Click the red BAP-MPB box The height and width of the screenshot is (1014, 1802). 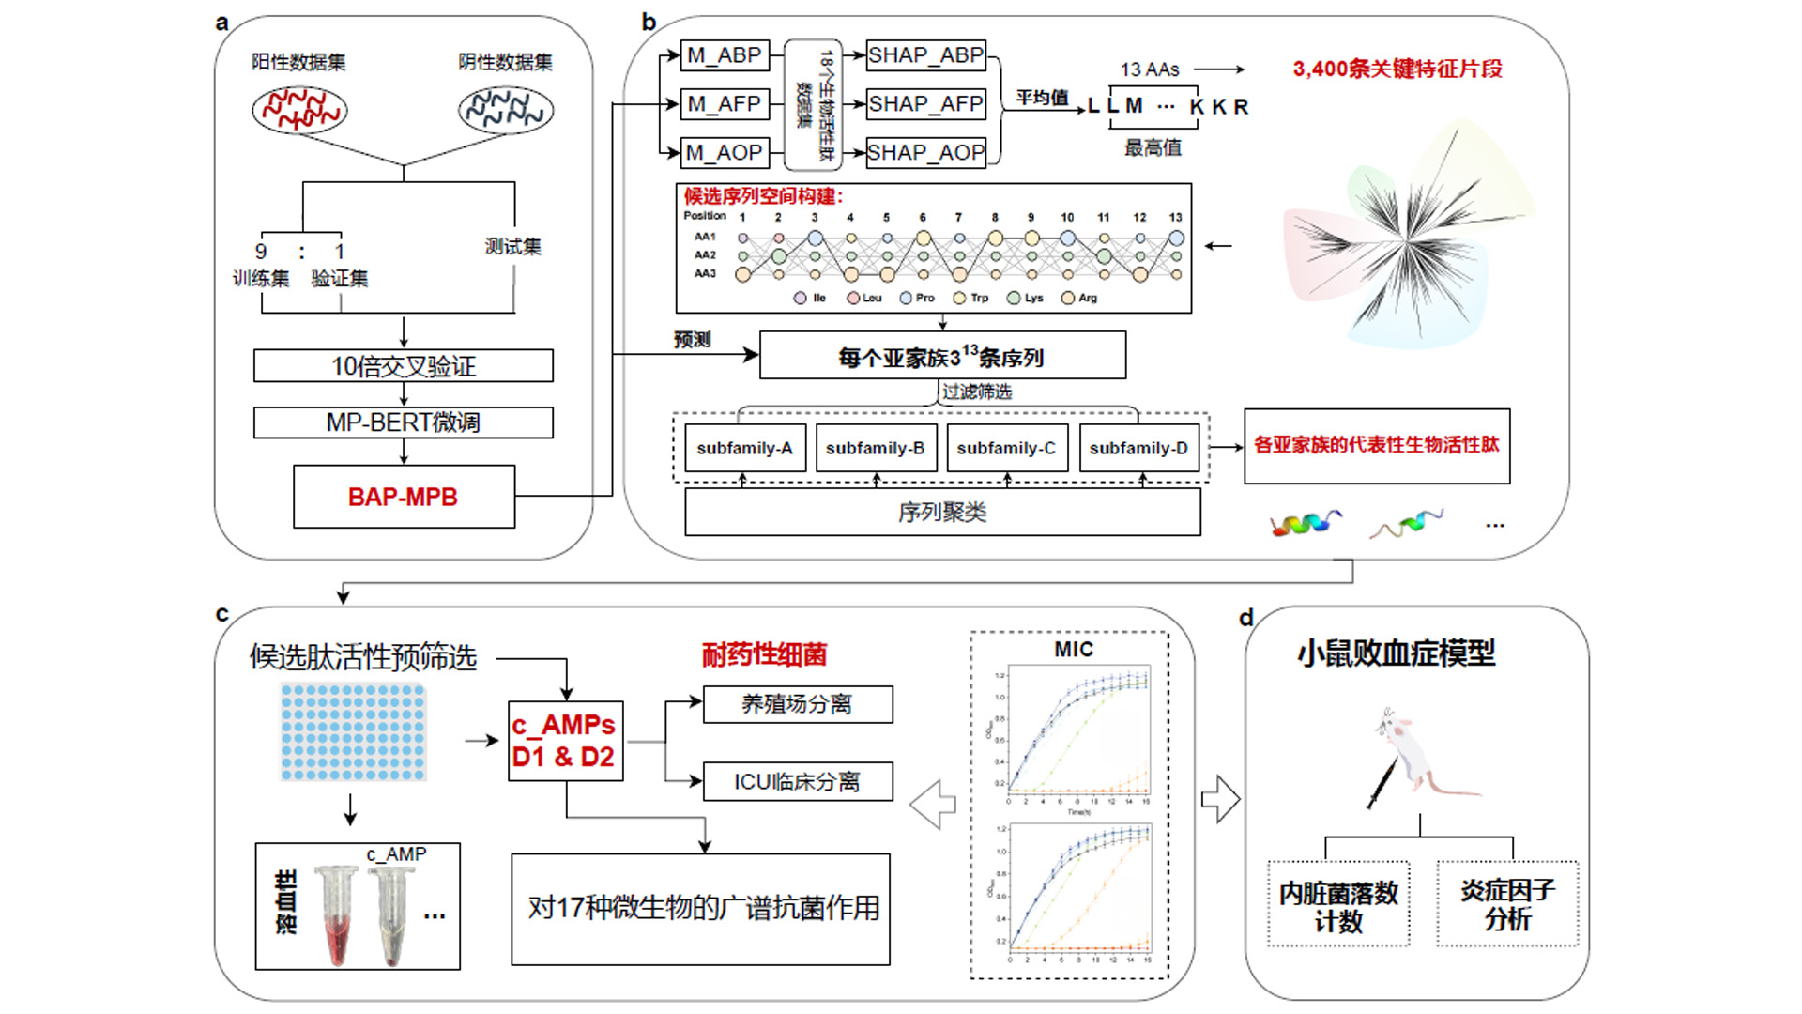pyautogui.click(x=404, y=497)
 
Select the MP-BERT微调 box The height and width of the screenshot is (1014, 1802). pyautogui.click(x=404, y=422)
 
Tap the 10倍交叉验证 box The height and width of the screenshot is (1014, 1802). pyautogui.click(x=404, y=366)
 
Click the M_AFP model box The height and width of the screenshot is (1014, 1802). pyautogui.click(x=724, y=104)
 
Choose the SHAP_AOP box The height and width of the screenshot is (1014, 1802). pyautogui.click(x=925, y=152)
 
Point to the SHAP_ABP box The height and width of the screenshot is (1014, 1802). pyautogui.click(x=925, y=55)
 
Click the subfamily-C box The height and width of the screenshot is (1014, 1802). pyautogui.click(x=1006, y=449)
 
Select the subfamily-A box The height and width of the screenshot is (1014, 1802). pyautogui.click(x=744, y=449)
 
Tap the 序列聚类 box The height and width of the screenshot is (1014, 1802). pyautogui.click(x=942, y=513)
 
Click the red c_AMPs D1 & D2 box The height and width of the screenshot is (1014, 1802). pyautogui.click(x=565, y=741)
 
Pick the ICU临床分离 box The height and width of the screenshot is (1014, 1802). pyautogui.click(x=797, y=782)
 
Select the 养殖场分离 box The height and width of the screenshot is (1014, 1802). pyautogui.click(x=797, y=704)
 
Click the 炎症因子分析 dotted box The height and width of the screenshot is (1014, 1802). pyautogui.click(x=1507, y=904)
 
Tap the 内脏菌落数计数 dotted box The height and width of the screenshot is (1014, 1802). pyautogui.click(x=1338, y=904)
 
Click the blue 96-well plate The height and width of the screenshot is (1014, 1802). pyautogui.click(x=353, y=732)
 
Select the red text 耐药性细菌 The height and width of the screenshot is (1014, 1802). pyautogui.click(x=764, y=654)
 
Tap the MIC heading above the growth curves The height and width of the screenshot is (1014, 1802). pyautogui.click(x=1074, y=650)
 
